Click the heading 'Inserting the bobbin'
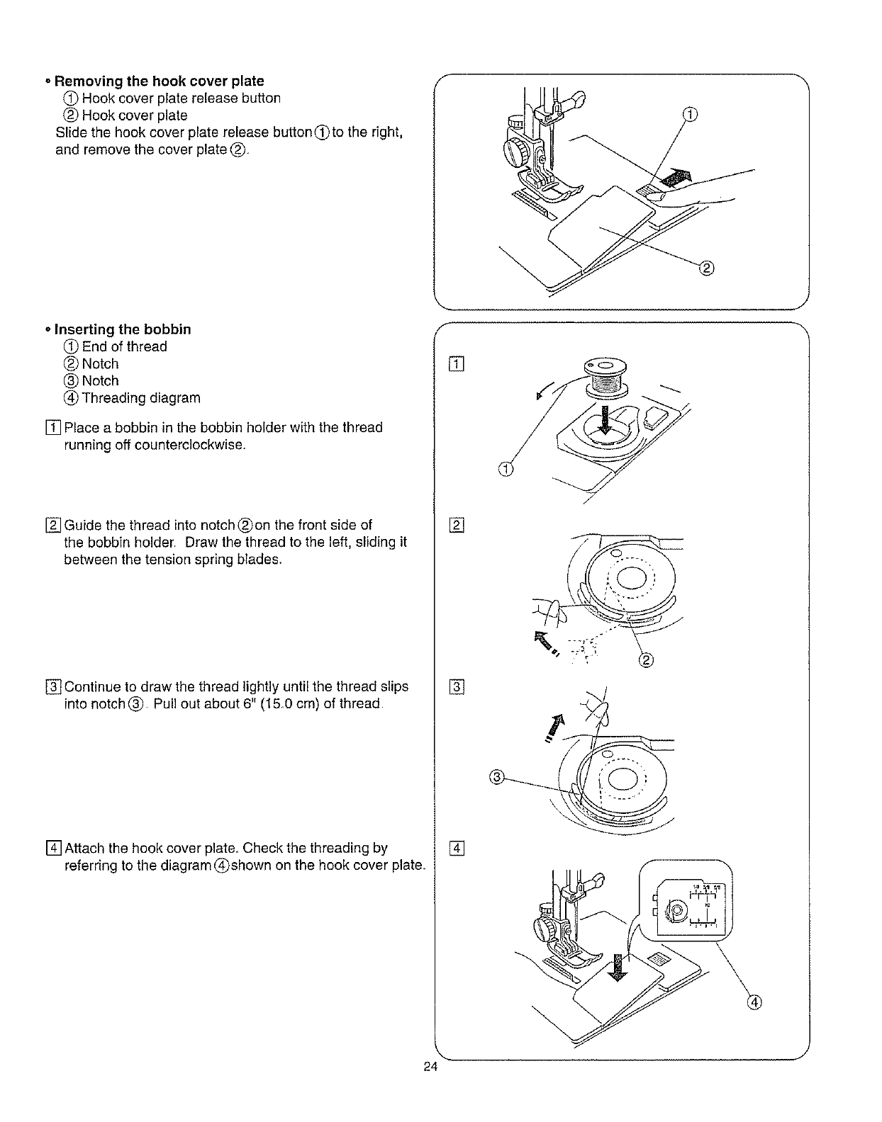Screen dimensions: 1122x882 point(123,329)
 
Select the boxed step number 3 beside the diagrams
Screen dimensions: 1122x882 point(457,687)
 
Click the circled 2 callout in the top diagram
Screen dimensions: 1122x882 point(706,268)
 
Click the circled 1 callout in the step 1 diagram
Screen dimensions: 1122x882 point(505,469)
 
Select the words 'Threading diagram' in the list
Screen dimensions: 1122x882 point(141,397)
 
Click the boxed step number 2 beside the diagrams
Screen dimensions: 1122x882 point(457,525)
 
